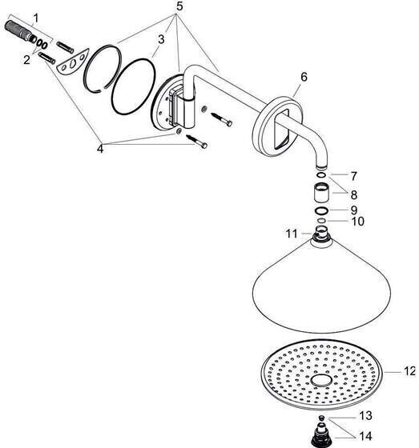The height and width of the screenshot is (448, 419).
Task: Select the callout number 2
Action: (x=26, y=60)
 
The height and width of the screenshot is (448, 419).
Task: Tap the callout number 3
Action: (x=161, y=39)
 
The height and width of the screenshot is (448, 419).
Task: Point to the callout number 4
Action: (x=100, y=149)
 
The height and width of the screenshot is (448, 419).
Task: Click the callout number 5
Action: (x=179, y=6)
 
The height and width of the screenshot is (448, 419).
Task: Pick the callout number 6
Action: (x=304, y=77)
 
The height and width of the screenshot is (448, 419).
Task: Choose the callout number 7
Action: (x=354, y=176)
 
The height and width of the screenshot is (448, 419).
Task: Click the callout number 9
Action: (x=354, y=210)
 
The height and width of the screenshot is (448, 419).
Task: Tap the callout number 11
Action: (x=292, y=234)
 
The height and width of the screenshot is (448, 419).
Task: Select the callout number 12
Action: (x=409, y=371)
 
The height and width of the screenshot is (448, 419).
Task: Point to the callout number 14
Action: (x=365, y=436)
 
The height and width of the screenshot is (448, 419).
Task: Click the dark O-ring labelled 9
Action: (x=321, y=211)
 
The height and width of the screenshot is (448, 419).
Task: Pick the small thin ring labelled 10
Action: (x=321, y=221)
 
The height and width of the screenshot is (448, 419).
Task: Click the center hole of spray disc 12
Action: (x=321, y=381)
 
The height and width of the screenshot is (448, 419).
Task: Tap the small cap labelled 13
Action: (x=322, y=418)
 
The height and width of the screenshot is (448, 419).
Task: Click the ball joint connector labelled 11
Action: (x=321, y=233)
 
